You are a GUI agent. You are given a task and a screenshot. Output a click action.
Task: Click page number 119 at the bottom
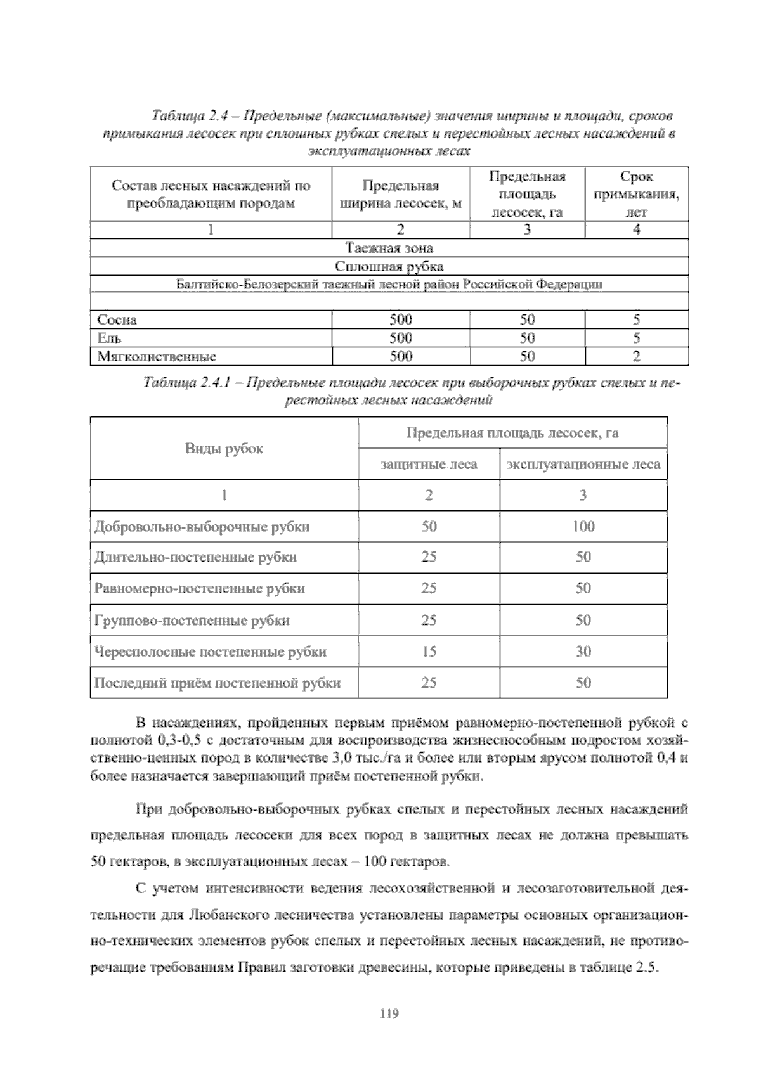[x=389, y=1013]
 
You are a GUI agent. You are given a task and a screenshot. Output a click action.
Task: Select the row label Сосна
[x=117, y=319]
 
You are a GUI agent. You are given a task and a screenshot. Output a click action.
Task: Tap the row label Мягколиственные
[x=157, y=356]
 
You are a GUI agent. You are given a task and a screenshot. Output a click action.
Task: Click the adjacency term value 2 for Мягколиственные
[x=636, y=356]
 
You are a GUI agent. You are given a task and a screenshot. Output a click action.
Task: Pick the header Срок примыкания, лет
[x=636, y=194]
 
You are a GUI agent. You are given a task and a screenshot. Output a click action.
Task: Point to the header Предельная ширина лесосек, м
[x=400, y=195]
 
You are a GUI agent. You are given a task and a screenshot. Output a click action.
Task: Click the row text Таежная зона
[x=389, y=248]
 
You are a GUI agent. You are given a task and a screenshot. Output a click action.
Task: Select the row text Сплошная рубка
[x=389, y=266]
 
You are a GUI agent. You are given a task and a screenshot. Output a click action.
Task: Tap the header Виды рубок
[x=224, y=449]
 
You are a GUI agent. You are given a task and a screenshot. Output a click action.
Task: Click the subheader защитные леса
[x=429, y=465]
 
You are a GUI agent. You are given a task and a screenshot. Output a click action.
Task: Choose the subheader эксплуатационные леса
[x=583, y=465]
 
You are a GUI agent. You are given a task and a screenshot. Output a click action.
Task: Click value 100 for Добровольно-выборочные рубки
[x=583, y=526]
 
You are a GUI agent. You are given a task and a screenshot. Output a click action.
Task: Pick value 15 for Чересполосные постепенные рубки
[x=429, y=651]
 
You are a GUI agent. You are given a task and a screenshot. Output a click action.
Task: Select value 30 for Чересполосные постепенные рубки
[x=583, y=651]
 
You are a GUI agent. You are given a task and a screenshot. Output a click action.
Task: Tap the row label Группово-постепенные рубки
[x=192, y=620]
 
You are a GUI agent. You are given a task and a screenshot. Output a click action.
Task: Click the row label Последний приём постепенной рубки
[x=218, y=683]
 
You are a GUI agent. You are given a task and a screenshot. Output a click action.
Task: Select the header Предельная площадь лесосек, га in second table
[x=512, y=434]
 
